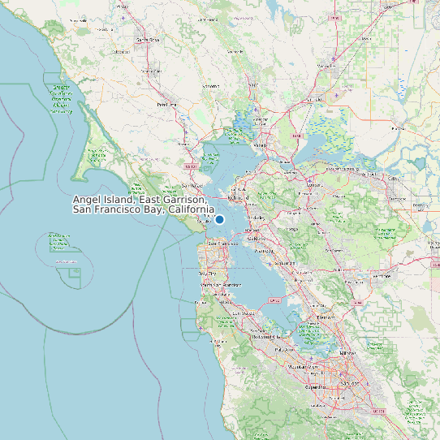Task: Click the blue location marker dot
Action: pyautogui.click(x=219, y=219)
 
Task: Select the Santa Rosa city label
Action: pyautogui.click(x=147, y=39)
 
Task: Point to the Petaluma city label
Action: pyautogui.click(x=166, y=104)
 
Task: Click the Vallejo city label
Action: pyautogui.click(x=260, y=145)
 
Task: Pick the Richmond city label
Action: pyautogui.click(x=238, y=197)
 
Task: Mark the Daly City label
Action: pyautogui.click(x=208, y=274)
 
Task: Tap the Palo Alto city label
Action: pyautogui.click(x=284, y=348)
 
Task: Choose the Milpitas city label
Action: pyautogui.click(x=348, y=354)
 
